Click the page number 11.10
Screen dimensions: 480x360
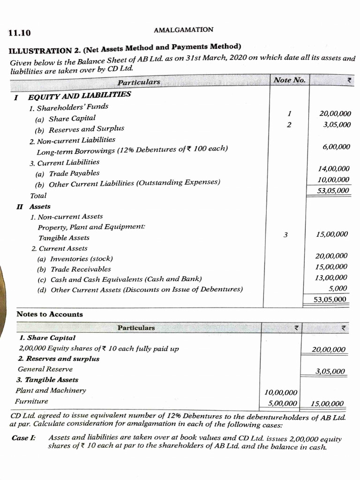pyautogui.click(x=19, y=33)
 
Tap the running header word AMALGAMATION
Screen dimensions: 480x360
pyautogui.click(x=183, y=30)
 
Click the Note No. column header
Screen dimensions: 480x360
pyautogui.click(x=289, y=80)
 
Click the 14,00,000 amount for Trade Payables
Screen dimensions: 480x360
pyautogui.click(x=333, y=169)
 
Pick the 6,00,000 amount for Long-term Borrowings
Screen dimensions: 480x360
pyautogui.click(x=336, y=147)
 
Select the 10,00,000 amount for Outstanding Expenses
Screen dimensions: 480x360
pyautogui.click(x=333, y=180)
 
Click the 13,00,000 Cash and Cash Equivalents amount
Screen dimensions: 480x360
pyautogui.click(x=331, y=277)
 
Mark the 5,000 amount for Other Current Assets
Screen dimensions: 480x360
pyautogui.click(x=337, y=288)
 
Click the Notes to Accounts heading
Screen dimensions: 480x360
pyautogui.click(x=50, y=314)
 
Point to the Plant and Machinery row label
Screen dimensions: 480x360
pyautogui.click(x=51, y=390)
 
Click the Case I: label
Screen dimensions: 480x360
pyautogui.click(x=23, y=437)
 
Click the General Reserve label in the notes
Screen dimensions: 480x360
pyautogui.click(x=45, y=369)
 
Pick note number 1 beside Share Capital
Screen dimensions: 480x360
pyautogui.click(x=290, y=113)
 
